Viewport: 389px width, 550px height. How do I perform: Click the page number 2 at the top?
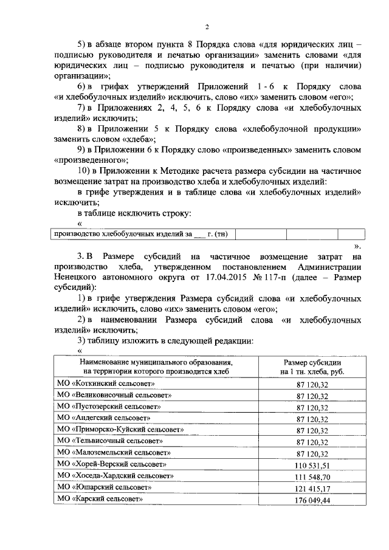click(x=207, y=27)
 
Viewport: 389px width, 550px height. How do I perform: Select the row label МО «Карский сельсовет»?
click(x=100, y=499)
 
